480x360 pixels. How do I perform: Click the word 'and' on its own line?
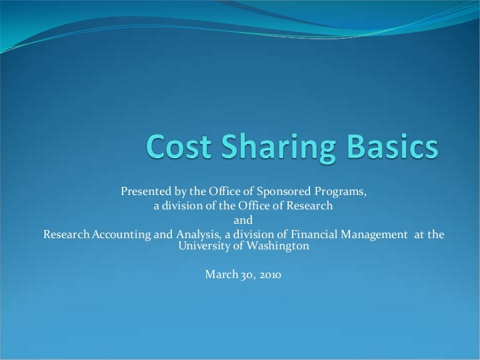click(x=244, y=220)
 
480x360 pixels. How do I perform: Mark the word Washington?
click(x=280, y=246)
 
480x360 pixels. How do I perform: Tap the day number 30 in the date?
click(x=244, y=274)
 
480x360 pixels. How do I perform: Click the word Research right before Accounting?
click(x=64, y=234)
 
